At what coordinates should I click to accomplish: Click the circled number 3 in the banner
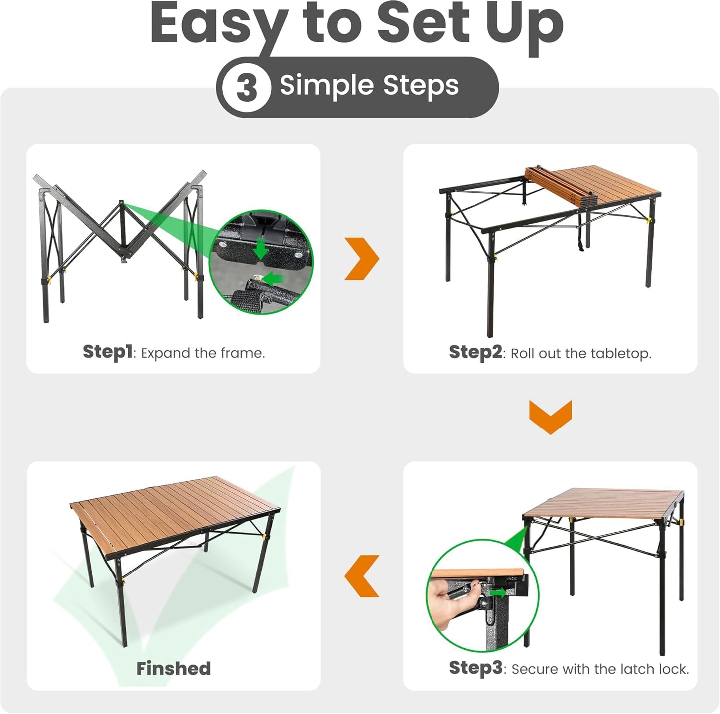(x=246, y=87)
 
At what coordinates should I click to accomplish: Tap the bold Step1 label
(x=107, y=352)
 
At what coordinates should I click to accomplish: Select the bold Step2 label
(x=475, y=352)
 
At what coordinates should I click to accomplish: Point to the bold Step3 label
(x=475, y=668)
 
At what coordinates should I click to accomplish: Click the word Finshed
(x=173, y=668)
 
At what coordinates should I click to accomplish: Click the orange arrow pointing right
(x=362, y=258)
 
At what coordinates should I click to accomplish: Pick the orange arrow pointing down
(x=550, y=417)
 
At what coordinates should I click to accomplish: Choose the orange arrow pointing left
(x=362, y=576)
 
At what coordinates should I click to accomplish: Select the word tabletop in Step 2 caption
(x=620, y=354)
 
